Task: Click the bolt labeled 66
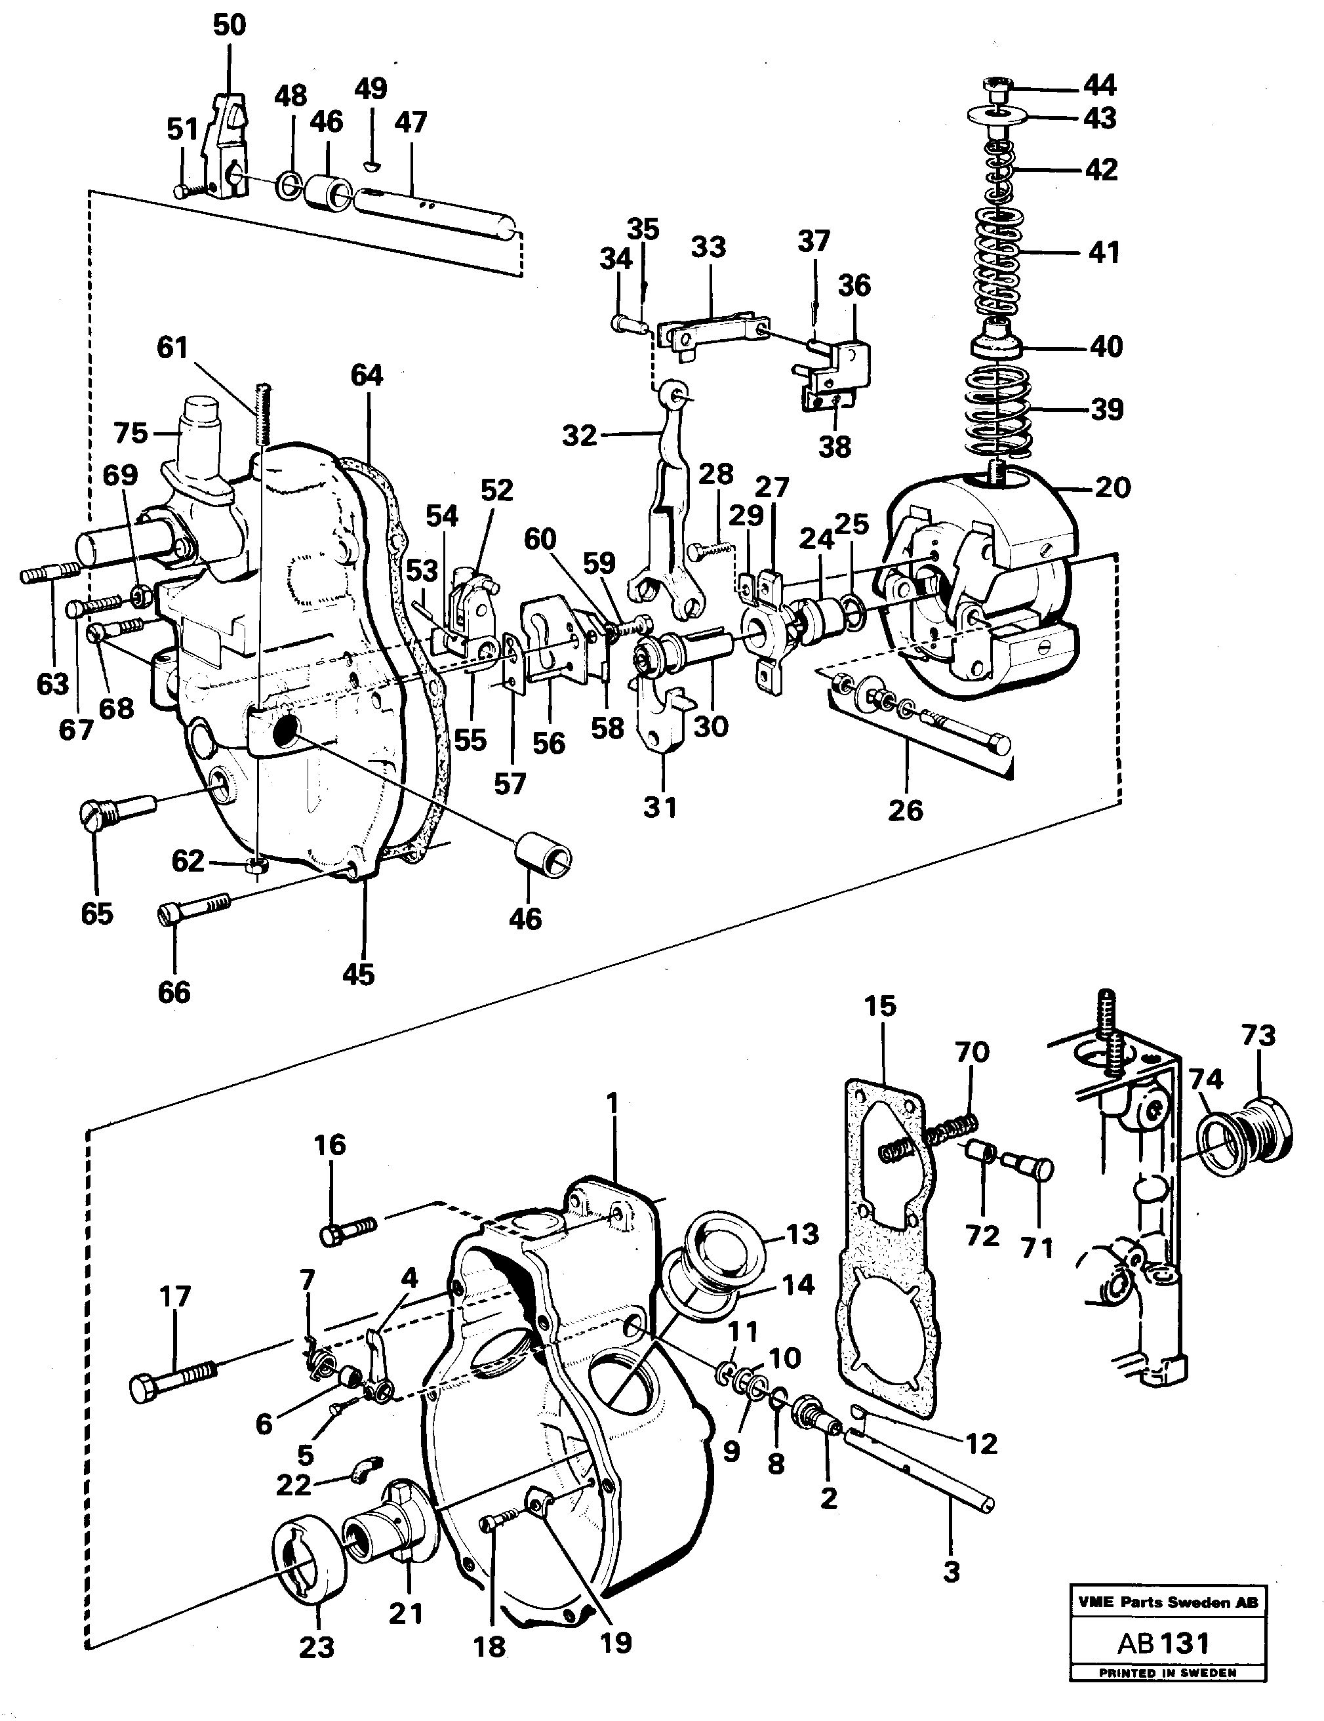tap(195, 908)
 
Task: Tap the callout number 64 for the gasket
tap(367, 375)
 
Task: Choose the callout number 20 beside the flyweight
tap(1112, 487)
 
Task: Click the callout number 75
tap(130, 433)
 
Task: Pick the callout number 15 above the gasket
tap(879, 1005)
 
